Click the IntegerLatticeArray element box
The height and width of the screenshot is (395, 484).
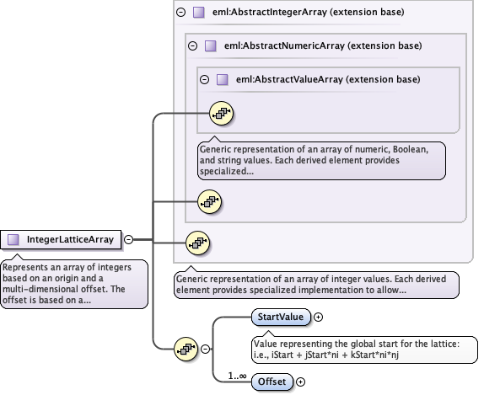point(62,239)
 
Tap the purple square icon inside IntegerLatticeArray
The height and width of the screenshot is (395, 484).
point(13,239)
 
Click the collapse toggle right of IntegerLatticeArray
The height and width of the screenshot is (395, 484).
point(128,239)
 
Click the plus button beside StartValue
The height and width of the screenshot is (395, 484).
point(319,317)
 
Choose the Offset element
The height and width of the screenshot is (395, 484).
point(271,382)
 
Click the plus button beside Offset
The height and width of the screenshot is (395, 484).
point(300,382)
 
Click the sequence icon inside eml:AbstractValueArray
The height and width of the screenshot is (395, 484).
point(220,112)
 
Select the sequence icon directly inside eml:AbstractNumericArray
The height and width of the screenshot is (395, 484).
point(208,200)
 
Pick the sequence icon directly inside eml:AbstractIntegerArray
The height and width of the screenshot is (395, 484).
point(196,243)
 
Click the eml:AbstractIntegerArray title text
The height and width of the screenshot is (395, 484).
point(307,13)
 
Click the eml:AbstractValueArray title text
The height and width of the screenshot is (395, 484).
point(328,79)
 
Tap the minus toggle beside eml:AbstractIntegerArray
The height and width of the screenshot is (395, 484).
point(180,13)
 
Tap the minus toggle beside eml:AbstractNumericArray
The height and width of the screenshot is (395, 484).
point(192,46)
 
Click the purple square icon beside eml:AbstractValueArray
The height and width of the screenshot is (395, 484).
point(222,79)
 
